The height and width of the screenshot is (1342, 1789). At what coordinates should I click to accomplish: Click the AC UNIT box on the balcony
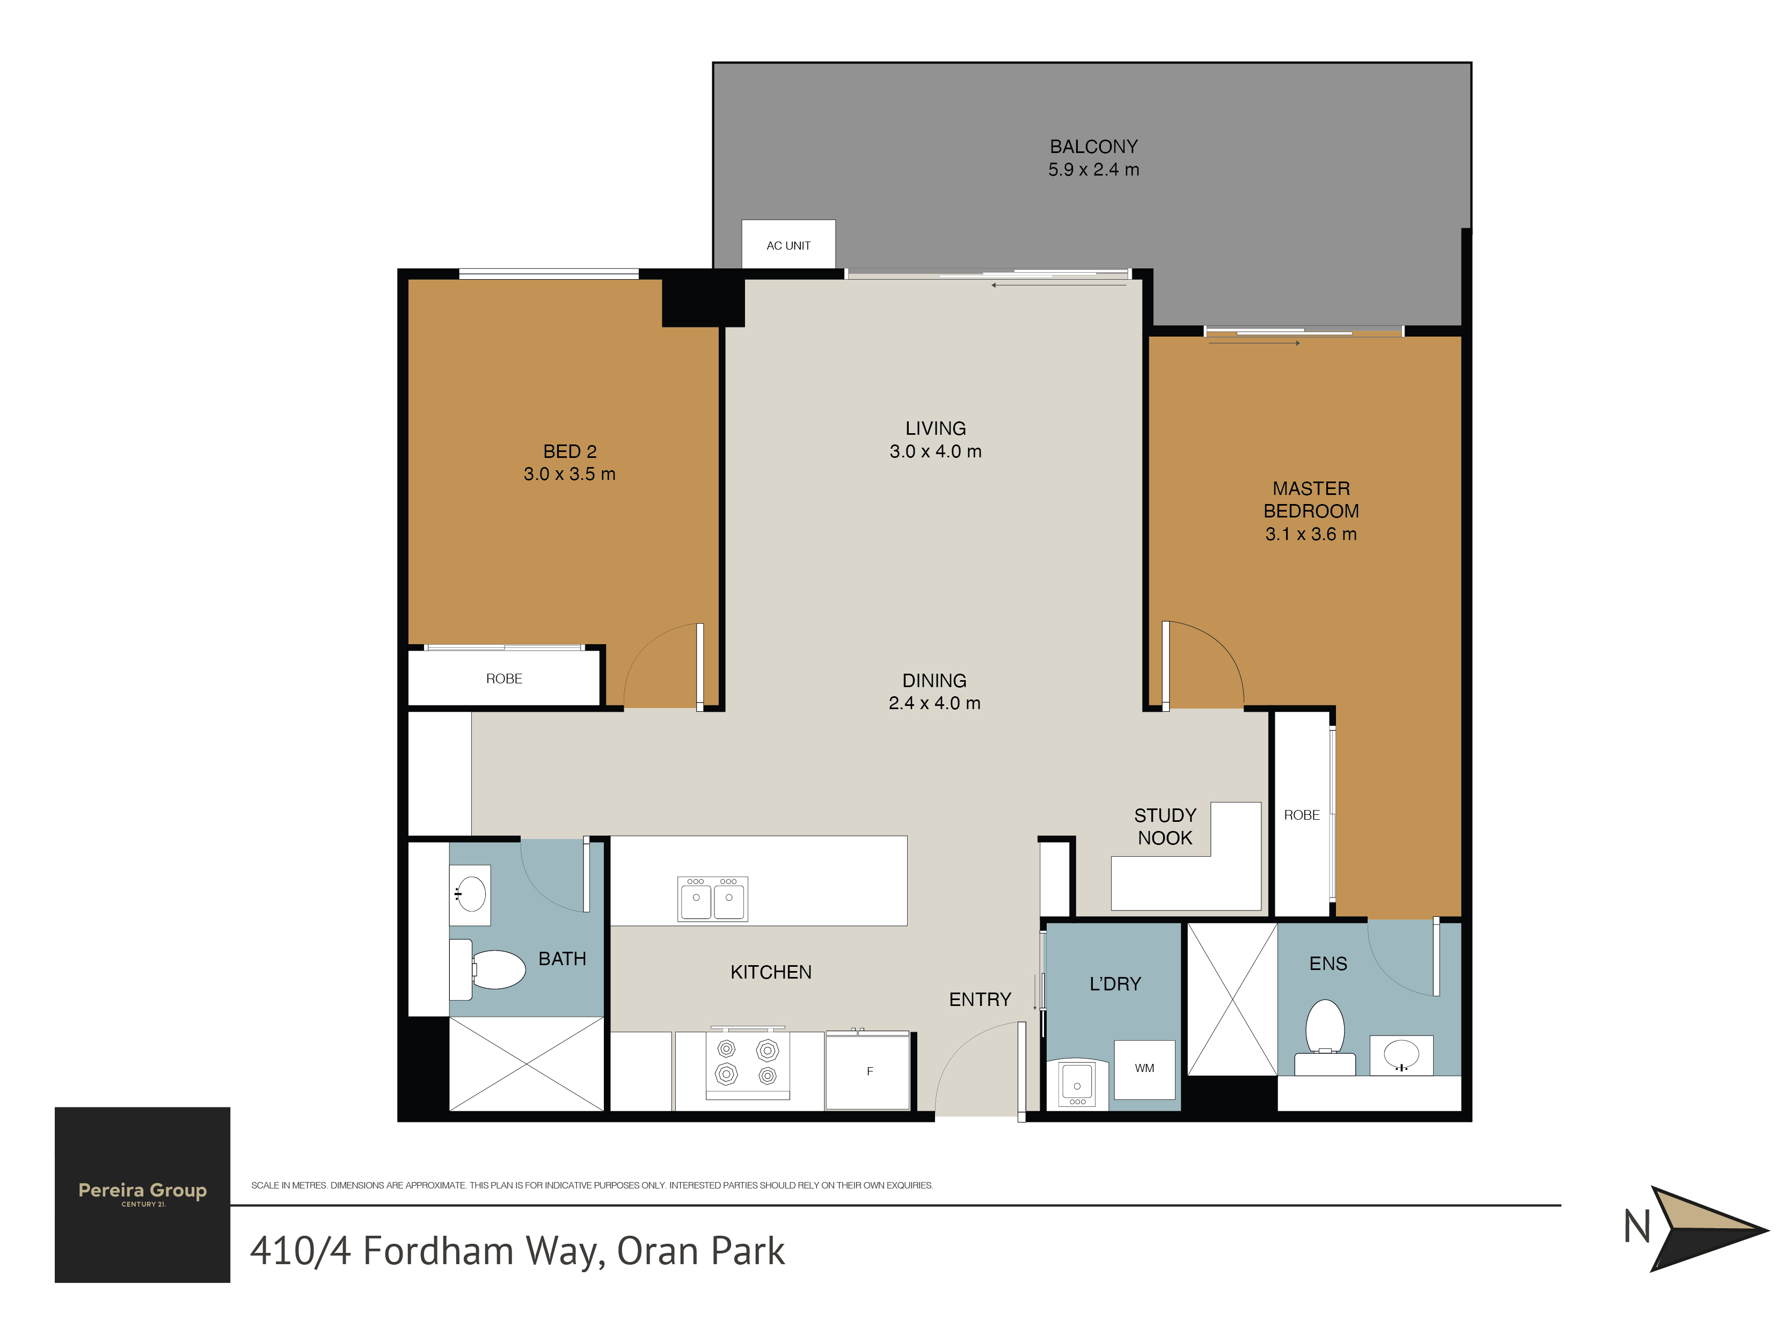pos(788,244)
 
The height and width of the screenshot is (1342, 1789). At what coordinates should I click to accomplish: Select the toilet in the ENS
pos(1325,1038)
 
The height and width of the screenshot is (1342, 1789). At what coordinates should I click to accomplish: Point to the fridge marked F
pos(868,1070)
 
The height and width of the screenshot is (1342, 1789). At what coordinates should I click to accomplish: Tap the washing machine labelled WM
pos(1144,1069)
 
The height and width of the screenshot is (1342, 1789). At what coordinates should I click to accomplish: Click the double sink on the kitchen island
pos(712,899)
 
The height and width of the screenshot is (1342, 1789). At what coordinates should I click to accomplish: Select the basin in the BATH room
pos(470,895)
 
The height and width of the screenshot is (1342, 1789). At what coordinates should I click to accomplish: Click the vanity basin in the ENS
pos(1401,1056)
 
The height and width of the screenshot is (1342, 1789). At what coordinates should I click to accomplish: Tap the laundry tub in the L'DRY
pos(1077,1083)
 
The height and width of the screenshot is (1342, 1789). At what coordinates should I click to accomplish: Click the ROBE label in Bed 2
pos(504,679)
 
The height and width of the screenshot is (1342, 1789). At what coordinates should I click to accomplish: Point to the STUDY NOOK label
pos(1165,826)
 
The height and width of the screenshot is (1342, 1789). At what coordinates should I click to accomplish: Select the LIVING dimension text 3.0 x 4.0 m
pos(936,451)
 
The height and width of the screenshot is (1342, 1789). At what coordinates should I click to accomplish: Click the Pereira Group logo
pos(142,1194)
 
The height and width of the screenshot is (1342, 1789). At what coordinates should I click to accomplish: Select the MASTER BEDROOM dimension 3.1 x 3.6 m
pos(1311,534)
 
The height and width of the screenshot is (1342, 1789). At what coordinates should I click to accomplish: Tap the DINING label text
pos(934,680)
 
